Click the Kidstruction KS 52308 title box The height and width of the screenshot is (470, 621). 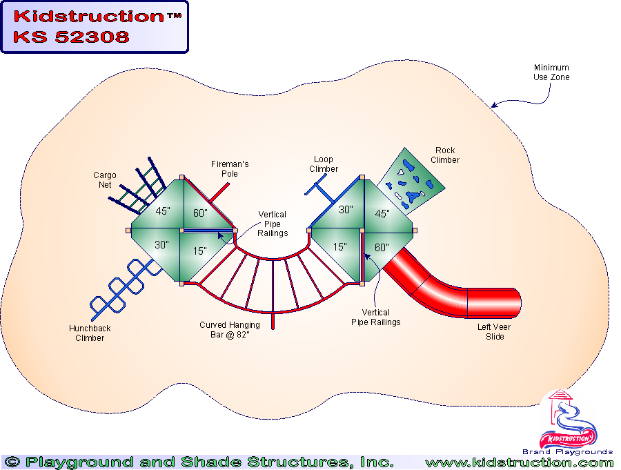click(94, 27)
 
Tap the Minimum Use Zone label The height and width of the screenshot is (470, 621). click(551, 72)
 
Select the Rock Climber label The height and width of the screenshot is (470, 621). click(445, 155)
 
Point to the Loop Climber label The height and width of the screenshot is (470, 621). click(323, 164)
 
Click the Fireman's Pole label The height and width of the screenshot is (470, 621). click(230, 169)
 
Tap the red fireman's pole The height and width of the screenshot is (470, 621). click(219, 193)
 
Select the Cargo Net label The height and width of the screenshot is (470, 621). click(105, 180)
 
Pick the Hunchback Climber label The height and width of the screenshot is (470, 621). click(90, 333)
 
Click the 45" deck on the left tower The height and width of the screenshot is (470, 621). click(163, 212)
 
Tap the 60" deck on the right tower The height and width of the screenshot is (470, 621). click(382, 247)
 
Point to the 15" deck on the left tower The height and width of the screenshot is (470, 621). click(199, 251)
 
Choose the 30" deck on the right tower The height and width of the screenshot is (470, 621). click(345, 209)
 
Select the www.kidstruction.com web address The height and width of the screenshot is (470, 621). click(519, 462)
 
